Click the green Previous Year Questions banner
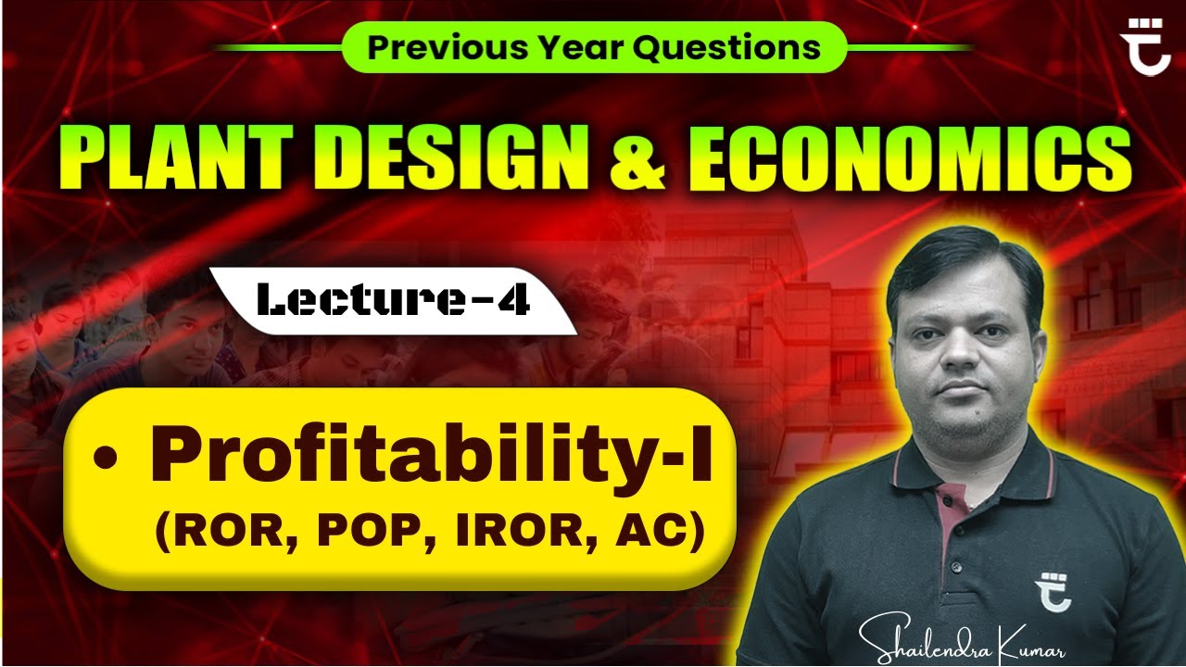(594, 47)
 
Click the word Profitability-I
(432, 459)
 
